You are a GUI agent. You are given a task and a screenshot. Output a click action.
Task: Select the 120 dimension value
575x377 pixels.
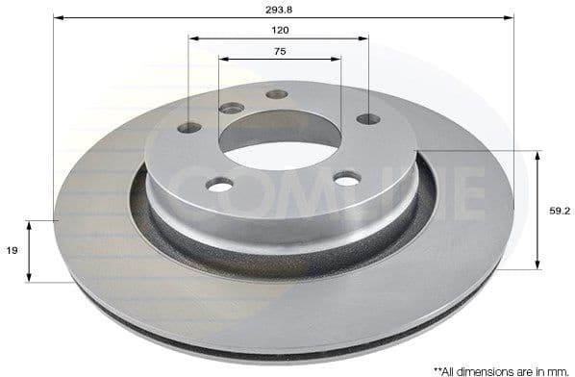coord(280,30)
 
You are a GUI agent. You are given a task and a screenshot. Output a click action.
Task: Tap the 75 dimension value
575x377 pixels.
coord(280,51)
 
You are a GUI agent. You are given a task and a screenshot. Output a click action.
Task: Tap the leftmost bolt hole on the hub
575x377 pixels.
coord(190,128)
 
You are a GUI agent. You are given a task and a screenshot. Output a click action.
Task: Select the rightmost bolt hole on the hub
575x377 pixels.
coord(368,119)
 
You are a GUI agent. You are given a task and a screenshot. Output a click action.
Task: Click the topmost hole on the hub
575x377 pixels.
coord(277,94)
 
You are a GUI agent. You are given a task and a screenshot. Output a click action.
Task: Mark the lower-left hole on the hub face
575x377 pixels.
coord(219,185)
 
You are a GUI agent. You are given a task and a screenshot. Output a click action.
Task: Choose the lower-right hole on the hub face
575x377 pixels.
coord(347,178)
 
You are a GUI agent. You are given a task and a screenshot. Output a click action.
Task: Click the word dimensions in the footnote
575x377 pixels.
coord(487,368)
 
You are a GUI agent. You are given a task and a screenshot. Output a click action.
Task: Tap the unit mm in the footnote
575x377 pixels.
coord(562,368)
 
